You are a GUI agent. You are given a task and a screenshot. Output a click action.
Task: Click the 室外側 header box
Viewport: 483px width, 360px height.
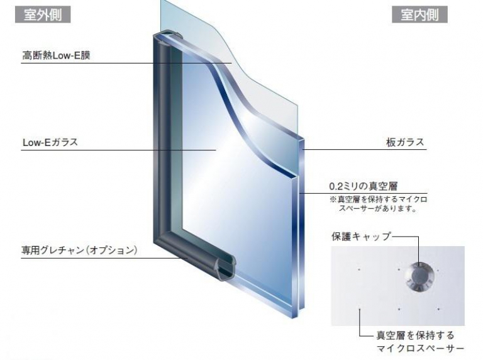[43, 14]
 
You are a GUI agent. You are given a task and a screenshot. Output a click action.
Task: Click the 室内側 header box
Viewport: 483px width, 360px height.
[419, 14]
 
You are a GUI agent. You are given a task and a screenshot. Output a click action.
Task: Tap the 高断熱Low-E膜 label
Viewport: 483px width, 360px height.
[56, 55]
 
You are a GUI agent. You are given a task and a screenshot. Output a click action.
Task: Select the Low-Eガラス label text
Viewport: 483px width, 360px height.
[50, 142]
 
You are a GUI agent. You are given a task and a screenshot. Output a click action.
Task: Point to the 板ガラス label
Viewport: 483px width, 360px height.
[405, 142]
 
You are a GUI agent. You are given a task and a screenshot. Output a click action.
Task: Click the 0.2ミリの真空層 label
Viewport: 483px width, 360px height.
[364, 186]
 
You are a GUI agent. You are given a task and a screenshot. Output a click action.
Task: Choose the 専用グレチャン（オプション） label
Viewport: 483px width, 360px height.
[79, 250]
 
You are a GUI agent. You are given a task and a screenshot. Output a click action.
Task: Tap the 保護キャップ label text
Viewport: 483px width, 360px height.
[361, 237]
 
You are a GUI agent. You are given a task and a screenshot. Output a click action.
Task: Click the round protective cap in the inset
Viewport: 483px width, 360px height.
[419, 276]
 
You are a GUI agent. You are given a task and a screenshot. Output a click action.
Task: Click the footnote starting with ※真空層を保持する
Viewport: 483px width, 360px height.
[379, 204]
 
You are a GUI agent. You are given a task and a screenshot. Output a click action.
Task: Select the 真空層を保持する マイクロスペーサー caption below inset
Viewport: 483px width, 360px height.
[420, 342]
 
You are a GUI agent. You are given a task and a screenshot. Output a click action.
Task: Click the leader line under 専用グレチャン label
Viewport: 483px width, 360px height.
[104, 258]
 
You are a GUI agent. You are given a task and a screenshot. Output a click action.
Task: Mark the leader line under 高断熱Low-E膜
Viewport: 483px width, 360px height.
[126, 63]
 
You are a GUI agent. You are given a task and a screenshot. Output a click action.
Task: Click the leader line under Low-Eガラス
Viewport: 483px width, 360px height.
[118, 150]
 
